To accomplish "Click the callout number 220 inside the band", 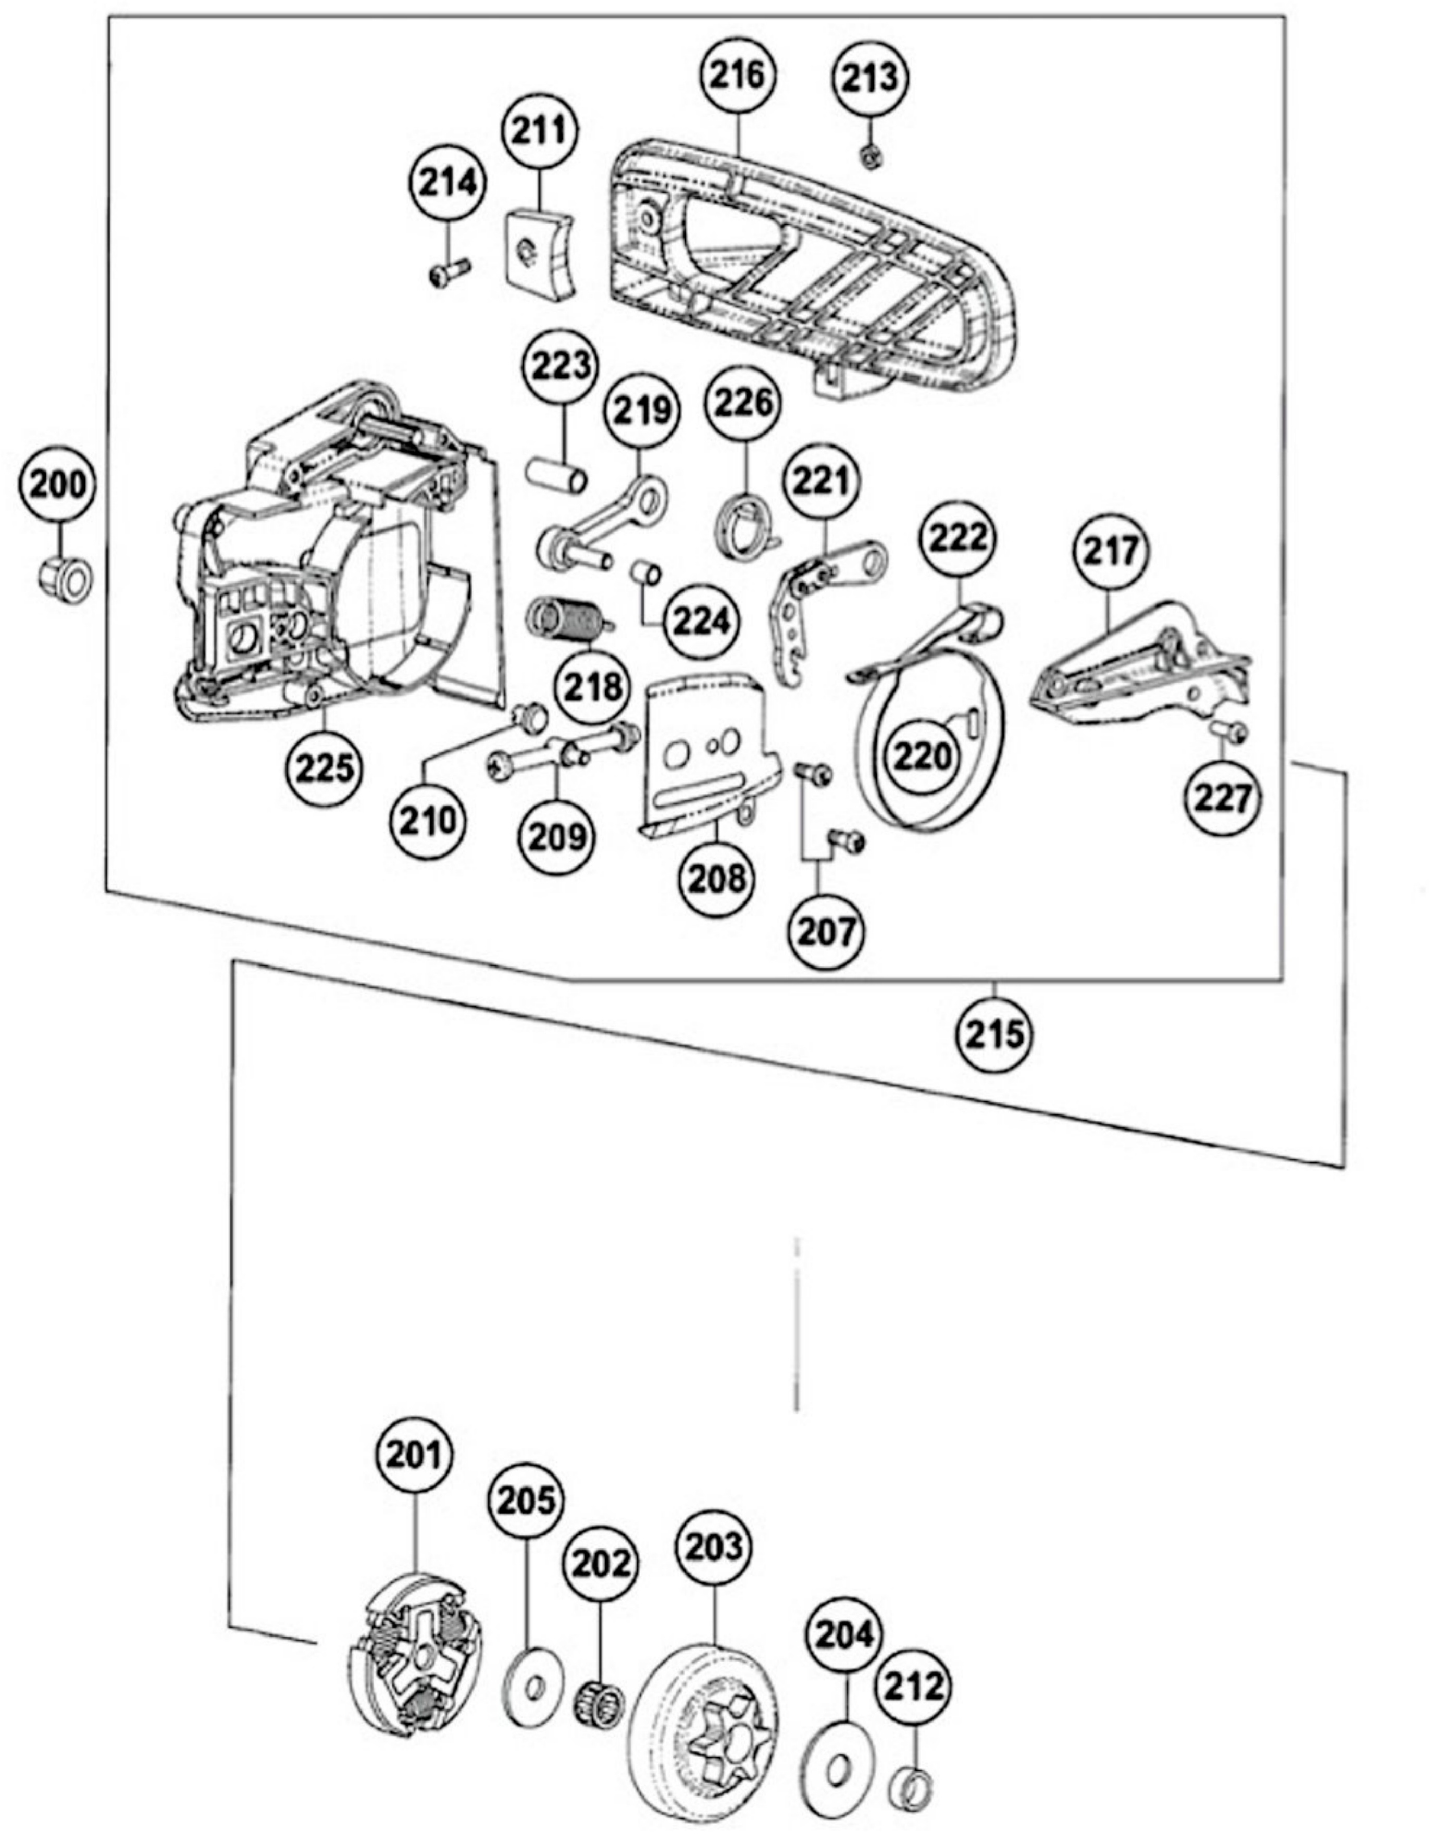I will [924, 756].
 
